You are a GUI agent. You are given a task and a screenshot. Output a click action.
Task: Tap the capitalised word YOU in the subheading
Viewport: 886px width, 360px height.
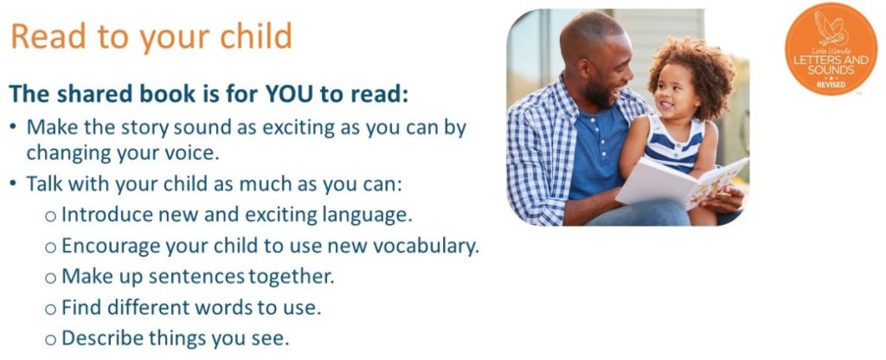point(290,94)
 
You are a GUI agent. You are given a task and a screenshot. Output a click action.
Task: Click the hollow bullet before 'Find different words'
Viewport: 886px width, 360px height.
point(51,310)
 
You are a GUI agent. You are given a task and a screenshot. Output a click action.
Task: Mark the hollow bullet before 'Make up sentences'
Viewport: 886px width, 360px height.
point(51,279)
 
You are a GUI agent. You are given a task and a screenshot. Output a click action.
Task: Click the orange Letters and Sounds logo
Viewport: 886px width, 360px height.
point(831,48)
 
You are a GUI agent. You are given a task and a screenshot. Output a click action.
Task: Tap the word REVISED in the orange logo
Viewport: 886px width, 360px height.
point(831,84)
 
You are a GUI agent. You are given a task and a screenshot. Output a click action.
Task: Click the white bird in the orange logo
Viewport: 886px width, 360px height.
point(831,29)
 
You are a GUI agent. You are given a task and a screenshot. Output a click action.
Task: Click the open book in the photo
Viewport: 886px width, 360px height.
point(681,183)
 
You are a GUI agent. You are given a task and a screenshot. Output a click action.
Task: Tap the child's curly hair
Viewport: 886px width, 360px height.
point(690,67)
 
